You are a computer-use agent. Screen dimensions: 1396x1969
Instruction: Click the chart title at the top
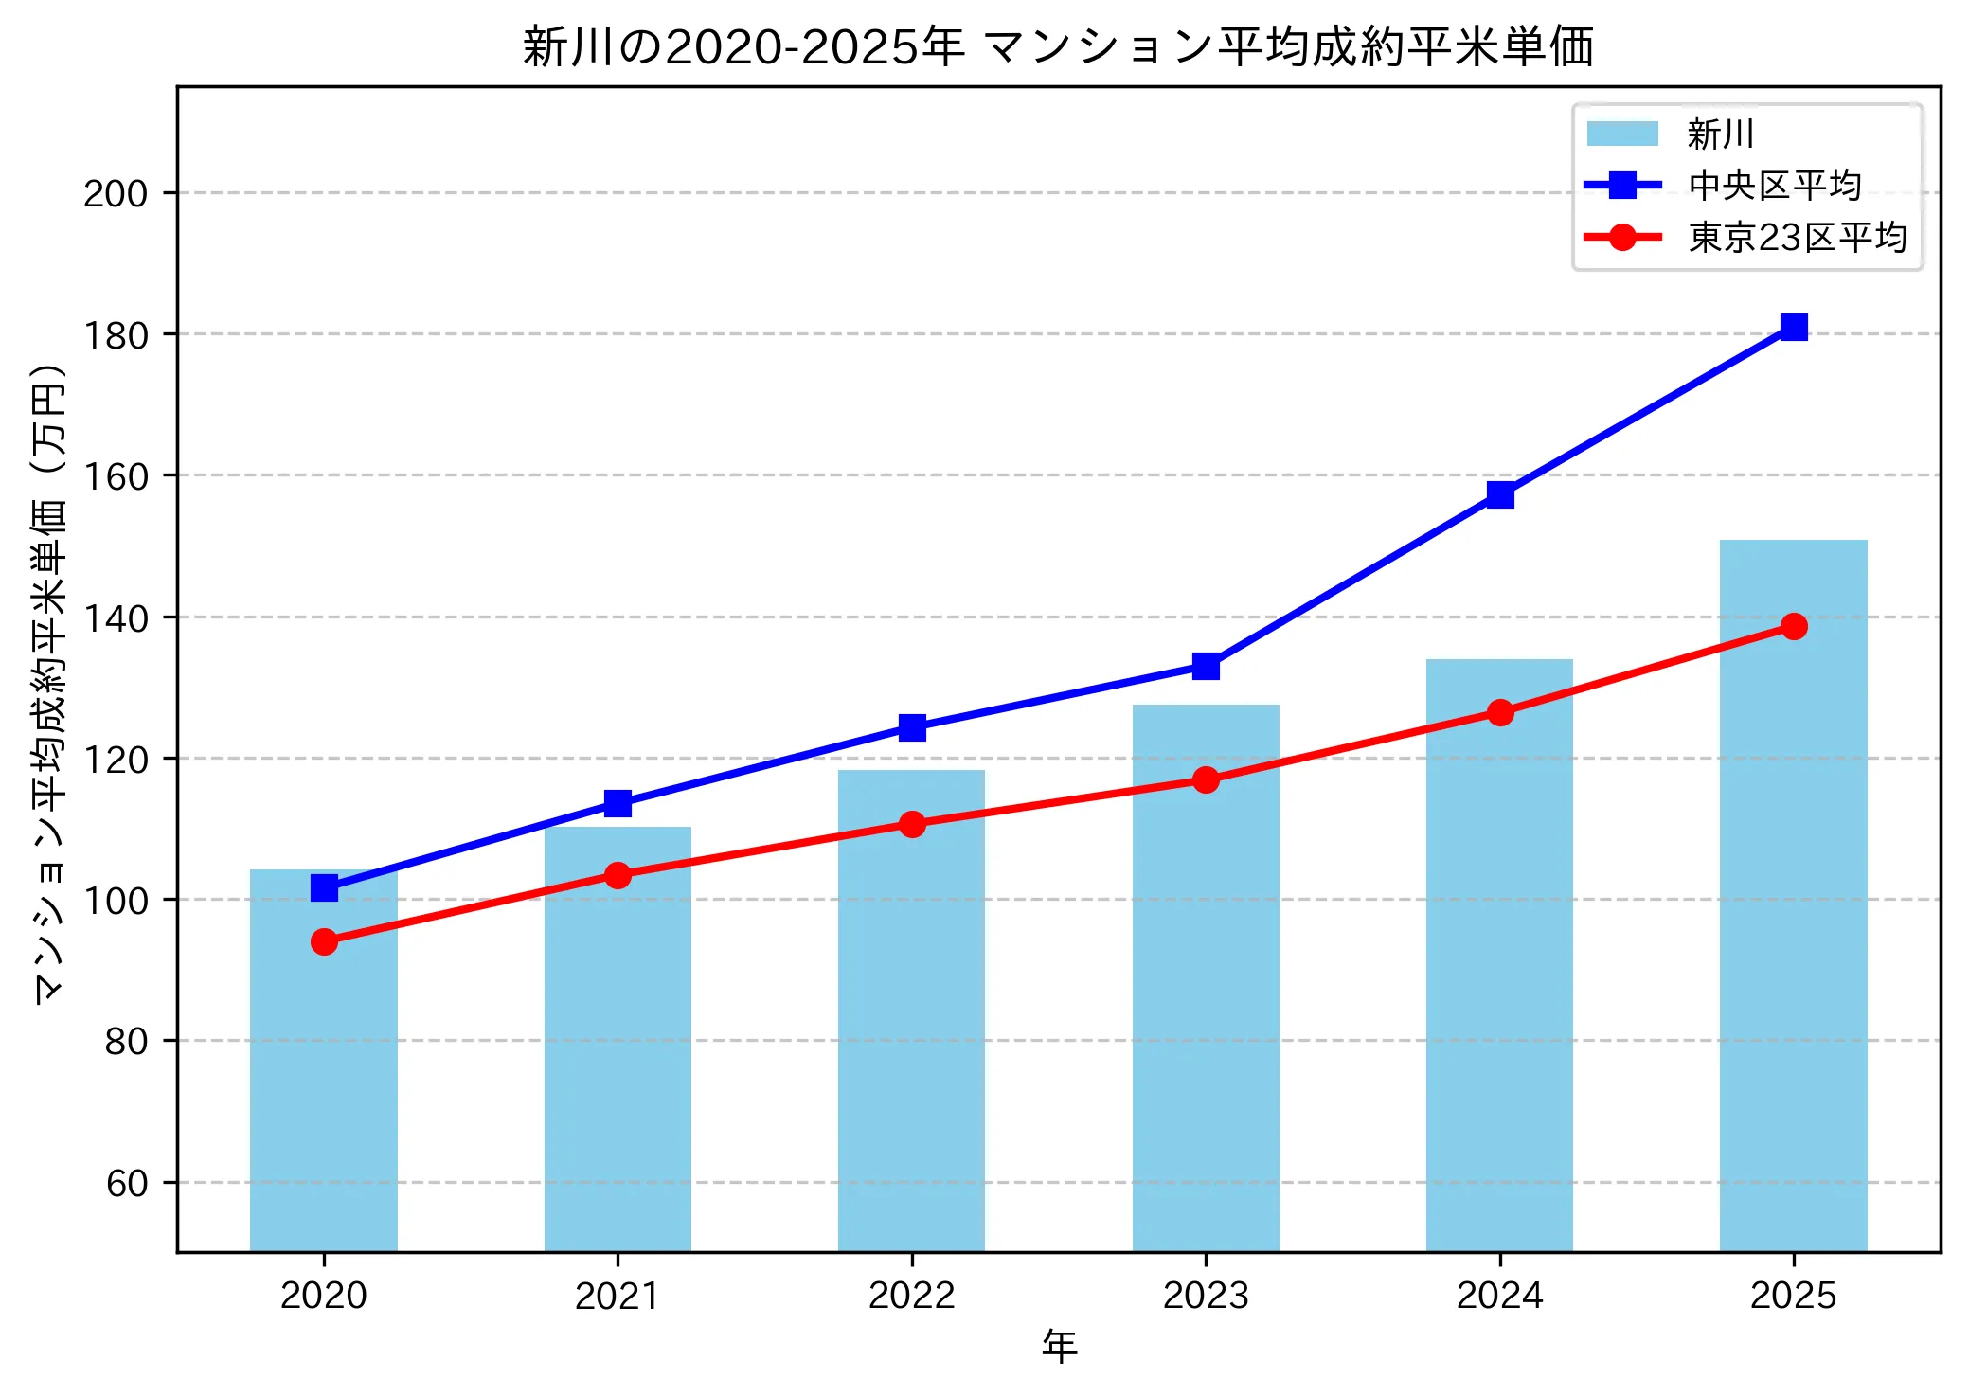coord(1058,46)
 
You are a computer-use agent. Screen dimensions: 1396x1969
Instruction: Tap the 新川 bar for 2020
coord(324,1061)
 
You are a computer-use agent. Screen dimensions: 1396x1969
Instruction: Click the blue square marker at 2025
coord(1793,327)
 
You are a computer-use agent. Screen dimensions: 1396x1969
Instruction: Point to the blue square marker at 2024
coord(1500,494)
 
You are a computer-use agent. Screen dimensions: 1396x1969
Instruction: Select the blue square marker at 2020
coord(324,887)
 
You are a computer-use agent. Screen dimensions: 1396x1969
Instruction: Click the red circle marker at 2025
coord(1793,626)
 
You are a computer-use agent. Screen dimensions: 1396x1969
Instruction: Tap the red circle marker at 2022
coord(912,824)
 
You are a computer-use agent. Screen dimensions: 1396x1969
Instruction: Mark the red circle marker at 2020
coord(324,941)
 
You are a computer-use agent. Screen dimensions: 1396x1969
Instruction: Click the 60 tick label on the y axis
coord(127,1183)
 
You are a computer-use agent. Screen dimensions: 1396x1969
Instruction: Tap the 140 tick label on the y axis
coord(116,618)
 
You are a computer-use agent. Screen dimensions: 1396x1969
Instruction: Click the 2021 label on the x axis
coord(618,1296)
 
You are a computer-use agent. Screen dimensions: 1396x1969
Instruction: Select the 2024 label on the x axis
coord(1499,1296)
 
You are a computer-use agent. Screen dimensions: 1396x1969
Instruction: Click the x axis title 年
coord(1059,1347)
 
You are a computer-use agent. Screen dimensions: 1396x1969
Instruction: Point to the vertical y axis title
coord(49,682)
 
